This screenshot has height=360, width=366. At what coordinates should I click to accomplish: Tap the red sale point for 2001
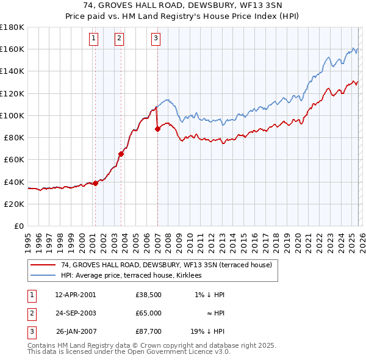coord(95,183)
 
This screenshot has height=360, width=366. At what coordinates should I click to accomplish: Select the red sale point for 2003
coord(121,154)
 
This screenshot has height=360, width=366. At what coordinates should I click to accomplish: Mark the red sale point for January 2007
coord(157,129)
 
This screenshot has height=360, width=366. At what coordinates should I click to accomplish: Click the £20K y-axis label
coord(14,204)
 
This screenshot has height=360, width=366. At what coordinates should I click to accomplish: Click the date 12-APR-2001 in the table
coord(75,295)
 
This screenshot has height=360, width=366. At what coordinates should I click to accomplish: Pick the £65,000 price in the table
coord(148,313)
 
